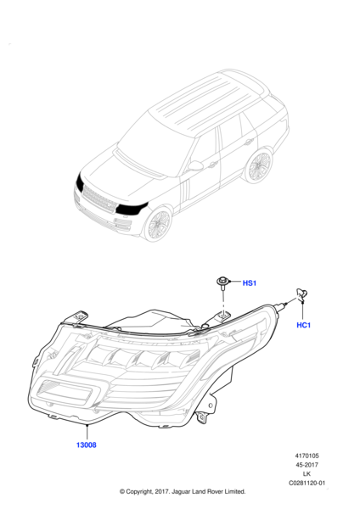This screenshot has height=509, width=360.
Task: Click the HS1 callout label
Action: (x=250, y=283)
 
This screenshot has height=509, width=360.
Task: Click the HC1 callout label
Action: (x=303, y=325)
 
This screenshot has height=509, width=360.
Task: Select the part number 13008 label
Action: (x=86, y=445)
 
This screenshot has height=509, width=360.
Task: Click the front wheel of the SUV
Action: (x=158, y=224)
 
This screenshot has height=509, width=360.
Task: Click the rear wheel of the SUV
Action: (x=258, y=166)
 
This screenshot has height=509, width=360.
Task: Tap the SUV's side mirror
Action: (x=195, y=165)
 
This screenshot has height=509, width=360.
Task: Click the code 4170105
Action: (x=307, y=456)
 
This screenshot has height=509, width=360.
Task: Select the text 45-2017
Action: (x=307, y=465)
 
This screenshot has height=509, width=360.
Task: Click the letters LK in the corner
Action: (x=307, y=474)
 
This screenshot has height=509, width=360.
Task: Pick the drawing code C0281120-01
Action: (x=307, y=483)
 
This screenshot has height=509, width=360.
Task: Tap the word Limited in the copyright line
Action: (x=234, y=491)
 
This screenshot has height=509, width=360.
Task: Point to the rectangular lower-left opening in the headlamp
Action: (x=66, y=393)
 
